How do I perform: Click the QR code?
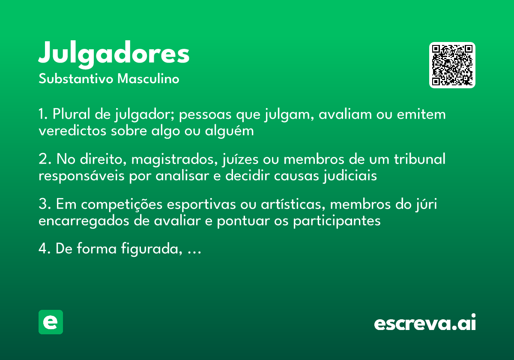click(452, 65)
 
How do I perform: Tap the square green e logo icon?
click(51, 322)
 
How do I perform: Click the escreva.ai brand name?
click(425, 323)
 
